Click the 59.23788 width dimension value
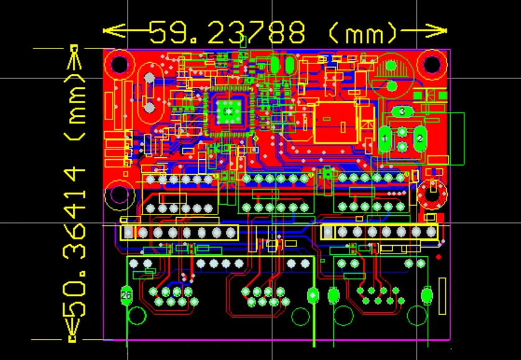pyautogui.click(x=227, y=32)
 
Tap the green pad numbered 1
pyautogui.click(x=385, y=139)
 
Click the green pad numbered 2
pyautogui.click(x=420, y=139)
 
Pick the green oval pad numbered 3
pyautogui.click(x=402, y=111)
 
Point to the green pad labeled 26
pyautogui.click(x=126, y=295)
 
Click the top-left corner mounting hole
pyautogui.click(x=119, y=65)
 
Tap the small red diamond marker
pyautogui.click(x=438, y=257)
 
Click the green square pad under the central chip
pyautogui.click(x=229, y=112)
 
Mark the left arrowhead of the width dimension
pyautogui.click(x=114, y=31)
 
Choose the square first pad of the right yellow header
pyautogui.click(x=328, y=232)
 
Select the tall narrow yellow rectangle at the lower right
pyautogui.click(x=442, y=296)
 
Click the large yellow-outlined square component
pyautogui.click(x=336, y=122)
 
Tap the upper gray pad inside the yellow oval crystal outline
pyautogui.click(x=149, y=78)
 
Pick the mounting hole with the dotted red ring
pyautogui.click(x=432, y=194)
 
